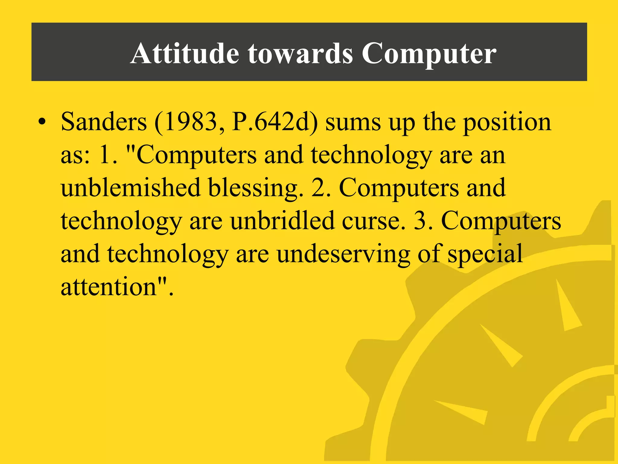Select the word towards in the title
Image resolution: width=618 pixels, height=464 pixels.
[300, 53]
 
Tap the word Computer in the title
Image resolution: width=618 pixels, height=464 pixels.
[429, 54]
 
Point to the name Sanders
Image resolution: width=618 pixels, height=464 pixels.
[104, 122]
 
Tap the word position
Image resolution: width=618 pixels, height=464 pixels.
[507, 123]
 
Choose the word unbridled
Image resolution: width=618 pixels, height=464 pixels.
[282, 221]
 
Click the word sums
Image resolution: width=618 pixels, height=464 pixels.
[353, 123]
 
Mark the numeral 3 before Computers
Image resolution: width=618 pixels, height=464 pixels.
[421, 221]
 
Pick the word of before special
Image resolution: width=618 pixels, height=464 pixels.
[430, 254]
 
